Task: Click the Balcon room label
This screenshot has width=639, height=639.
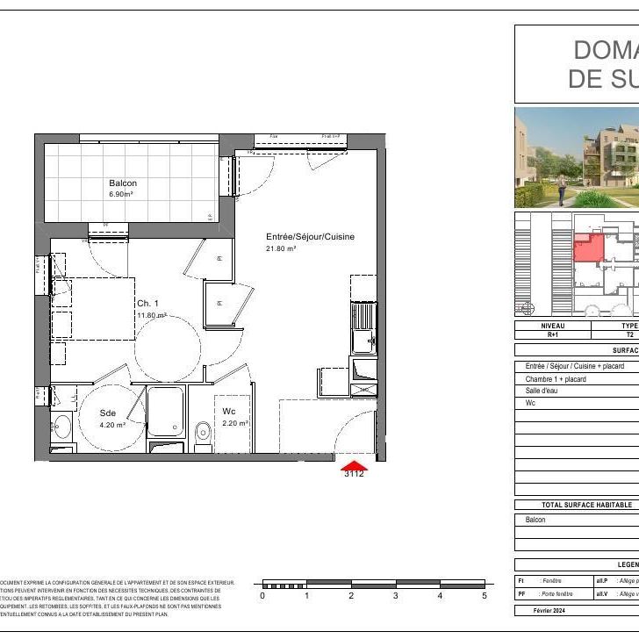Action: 123,183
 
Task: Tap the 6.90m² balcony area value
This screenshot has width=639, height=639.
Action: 120,194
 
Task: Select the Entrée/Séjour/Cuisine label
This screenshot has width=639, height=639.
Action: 310,237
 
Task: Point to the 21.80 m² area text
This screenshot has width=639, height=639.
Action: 282,248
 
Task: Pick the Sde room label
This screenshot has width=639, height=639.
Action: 107,413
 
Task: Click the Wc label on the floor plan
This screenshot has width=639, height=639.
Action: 228,411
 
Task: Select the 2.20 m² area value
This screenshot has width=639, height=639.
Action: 234,423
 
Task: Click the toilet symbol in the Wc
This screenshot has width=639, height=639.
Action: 204,431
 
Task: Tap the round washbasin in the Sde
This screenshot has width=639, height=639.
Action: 61,428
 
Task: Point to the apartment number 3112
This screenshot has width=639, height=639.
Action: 354,474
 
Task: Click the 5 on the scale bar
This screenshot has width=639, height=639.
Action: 484,596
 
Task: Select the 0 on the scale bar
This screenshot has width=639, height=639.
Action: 262,596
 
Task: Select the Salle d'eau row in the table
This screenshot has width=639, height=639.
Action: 544,391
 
